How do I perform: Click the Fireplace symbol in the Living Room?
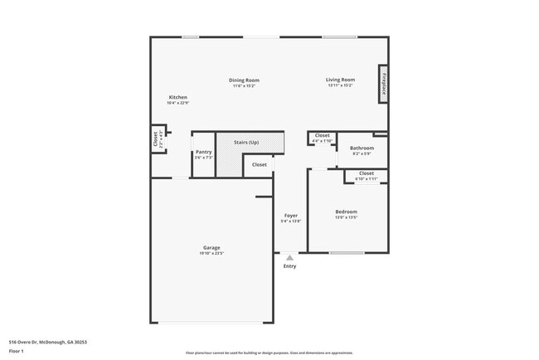(384, 85)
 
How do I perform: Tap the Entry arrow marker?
(289, 258)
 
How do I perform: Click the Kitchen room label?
(177, 97)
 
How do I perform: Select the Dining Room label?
(244, 80)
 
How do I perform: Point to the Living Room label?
(340, 80)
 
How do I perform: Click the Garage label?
(211, 247)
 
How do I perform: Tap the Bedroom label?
(346, 212)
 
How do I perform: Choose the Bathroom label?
(362, 148)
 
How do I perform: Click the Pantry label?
(203, 152)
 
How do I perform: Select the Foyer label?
(290, 216)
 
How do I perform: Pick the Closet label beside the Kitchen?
(155, 139)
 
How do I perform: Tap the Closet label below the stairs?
(260, 164)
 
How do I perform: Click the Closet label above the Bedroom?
(366, 173)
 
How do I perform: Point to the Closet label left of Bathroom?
(322, 135)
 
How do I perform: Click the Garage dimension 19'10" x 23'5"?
(211, 253)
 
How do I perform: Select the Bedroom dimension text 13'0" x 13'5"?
(346, 217)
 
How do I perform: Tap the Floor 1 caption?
(17, 351)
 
